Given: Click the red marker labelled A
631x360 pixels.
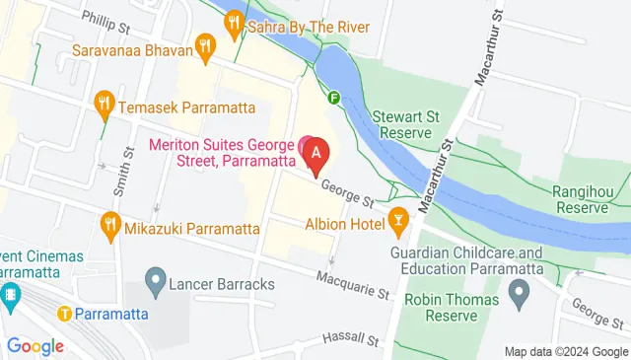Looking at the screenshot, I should (315, 155).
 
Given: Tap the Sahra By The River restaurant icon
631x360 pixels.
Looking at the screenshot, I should (234, 21).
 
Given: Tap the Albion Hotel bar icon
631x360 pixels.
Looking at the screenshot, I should (399, 219).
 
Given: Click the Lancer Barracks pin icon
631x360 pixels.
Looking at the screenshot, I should (154, 284).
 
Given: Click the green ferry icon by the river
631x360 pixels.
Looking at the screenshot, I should (334, 98).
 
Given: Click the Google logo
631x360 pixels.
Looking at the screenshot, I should (35, 345).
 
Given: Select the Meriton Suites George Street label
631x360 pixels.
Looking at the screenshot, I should (222, 152).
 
